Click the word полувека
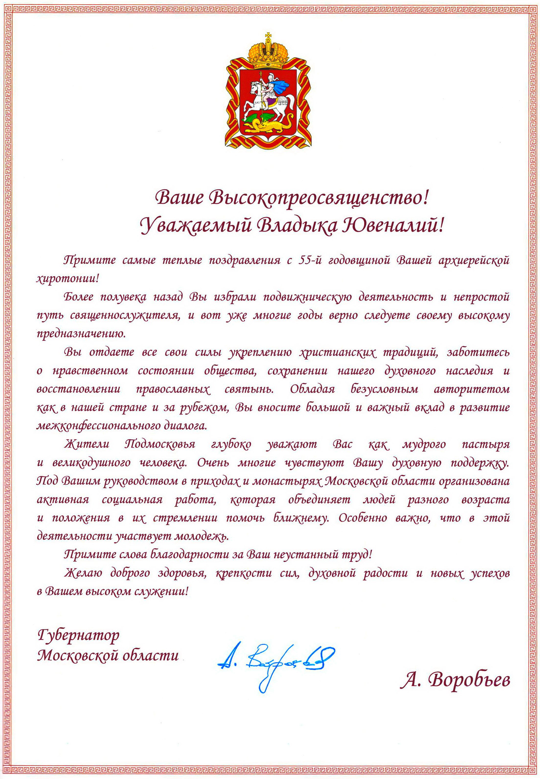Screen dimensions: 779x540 [124, 297]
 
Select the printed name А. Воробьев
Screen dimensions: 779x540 [455, 680]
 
